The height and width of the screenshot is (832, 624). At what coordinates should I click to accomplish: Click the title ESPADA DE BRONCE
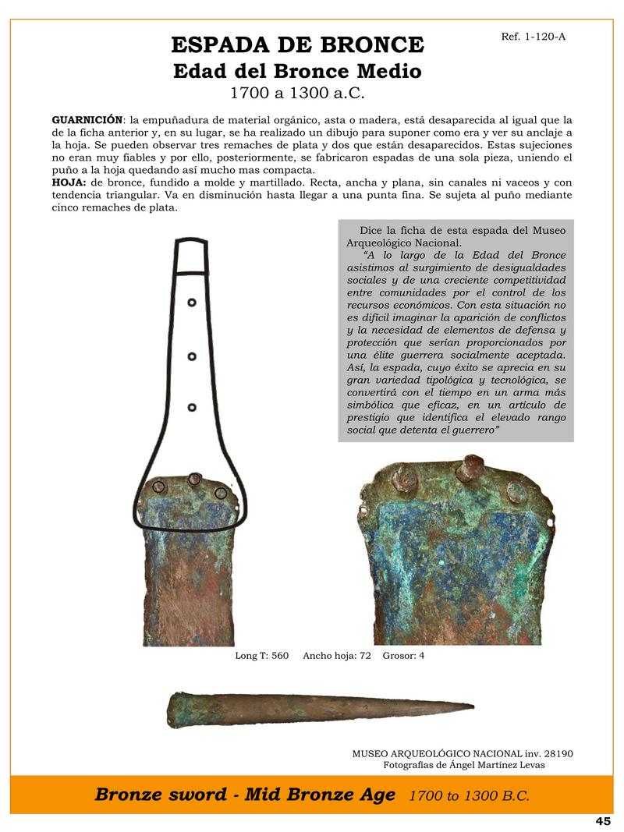[296, 44]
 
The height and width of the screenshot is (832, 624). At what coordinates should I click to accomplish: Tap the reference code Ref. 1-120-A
[534, 36]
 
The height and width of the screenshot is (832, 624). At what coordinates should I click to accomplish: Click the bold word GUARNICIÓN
[87, 120]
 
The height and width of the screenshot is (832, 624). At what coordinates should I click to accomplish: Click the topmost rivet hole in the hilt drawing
[192, 303]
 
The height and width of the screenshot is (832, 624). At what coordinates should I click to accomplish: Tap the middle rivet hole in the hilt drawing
[192, 357]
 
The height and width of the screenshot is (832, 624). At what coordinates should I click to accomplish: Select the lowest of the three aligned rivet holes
[192, 407]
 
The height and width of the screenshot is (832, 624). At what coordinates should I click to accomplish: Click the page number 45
[602, 821]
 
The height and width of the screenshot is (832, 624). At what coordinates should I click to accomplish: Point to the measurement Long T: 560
[262, 656]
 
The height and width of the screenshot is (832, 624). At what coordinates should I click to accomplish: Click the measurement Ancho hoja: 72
[336, 656]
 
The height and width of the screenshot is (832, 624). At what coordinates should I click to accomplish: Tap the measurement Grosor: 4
[403, 656]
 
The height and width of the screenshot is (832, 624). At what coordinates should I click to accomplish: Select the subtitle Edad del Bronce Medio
[296, 71]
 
